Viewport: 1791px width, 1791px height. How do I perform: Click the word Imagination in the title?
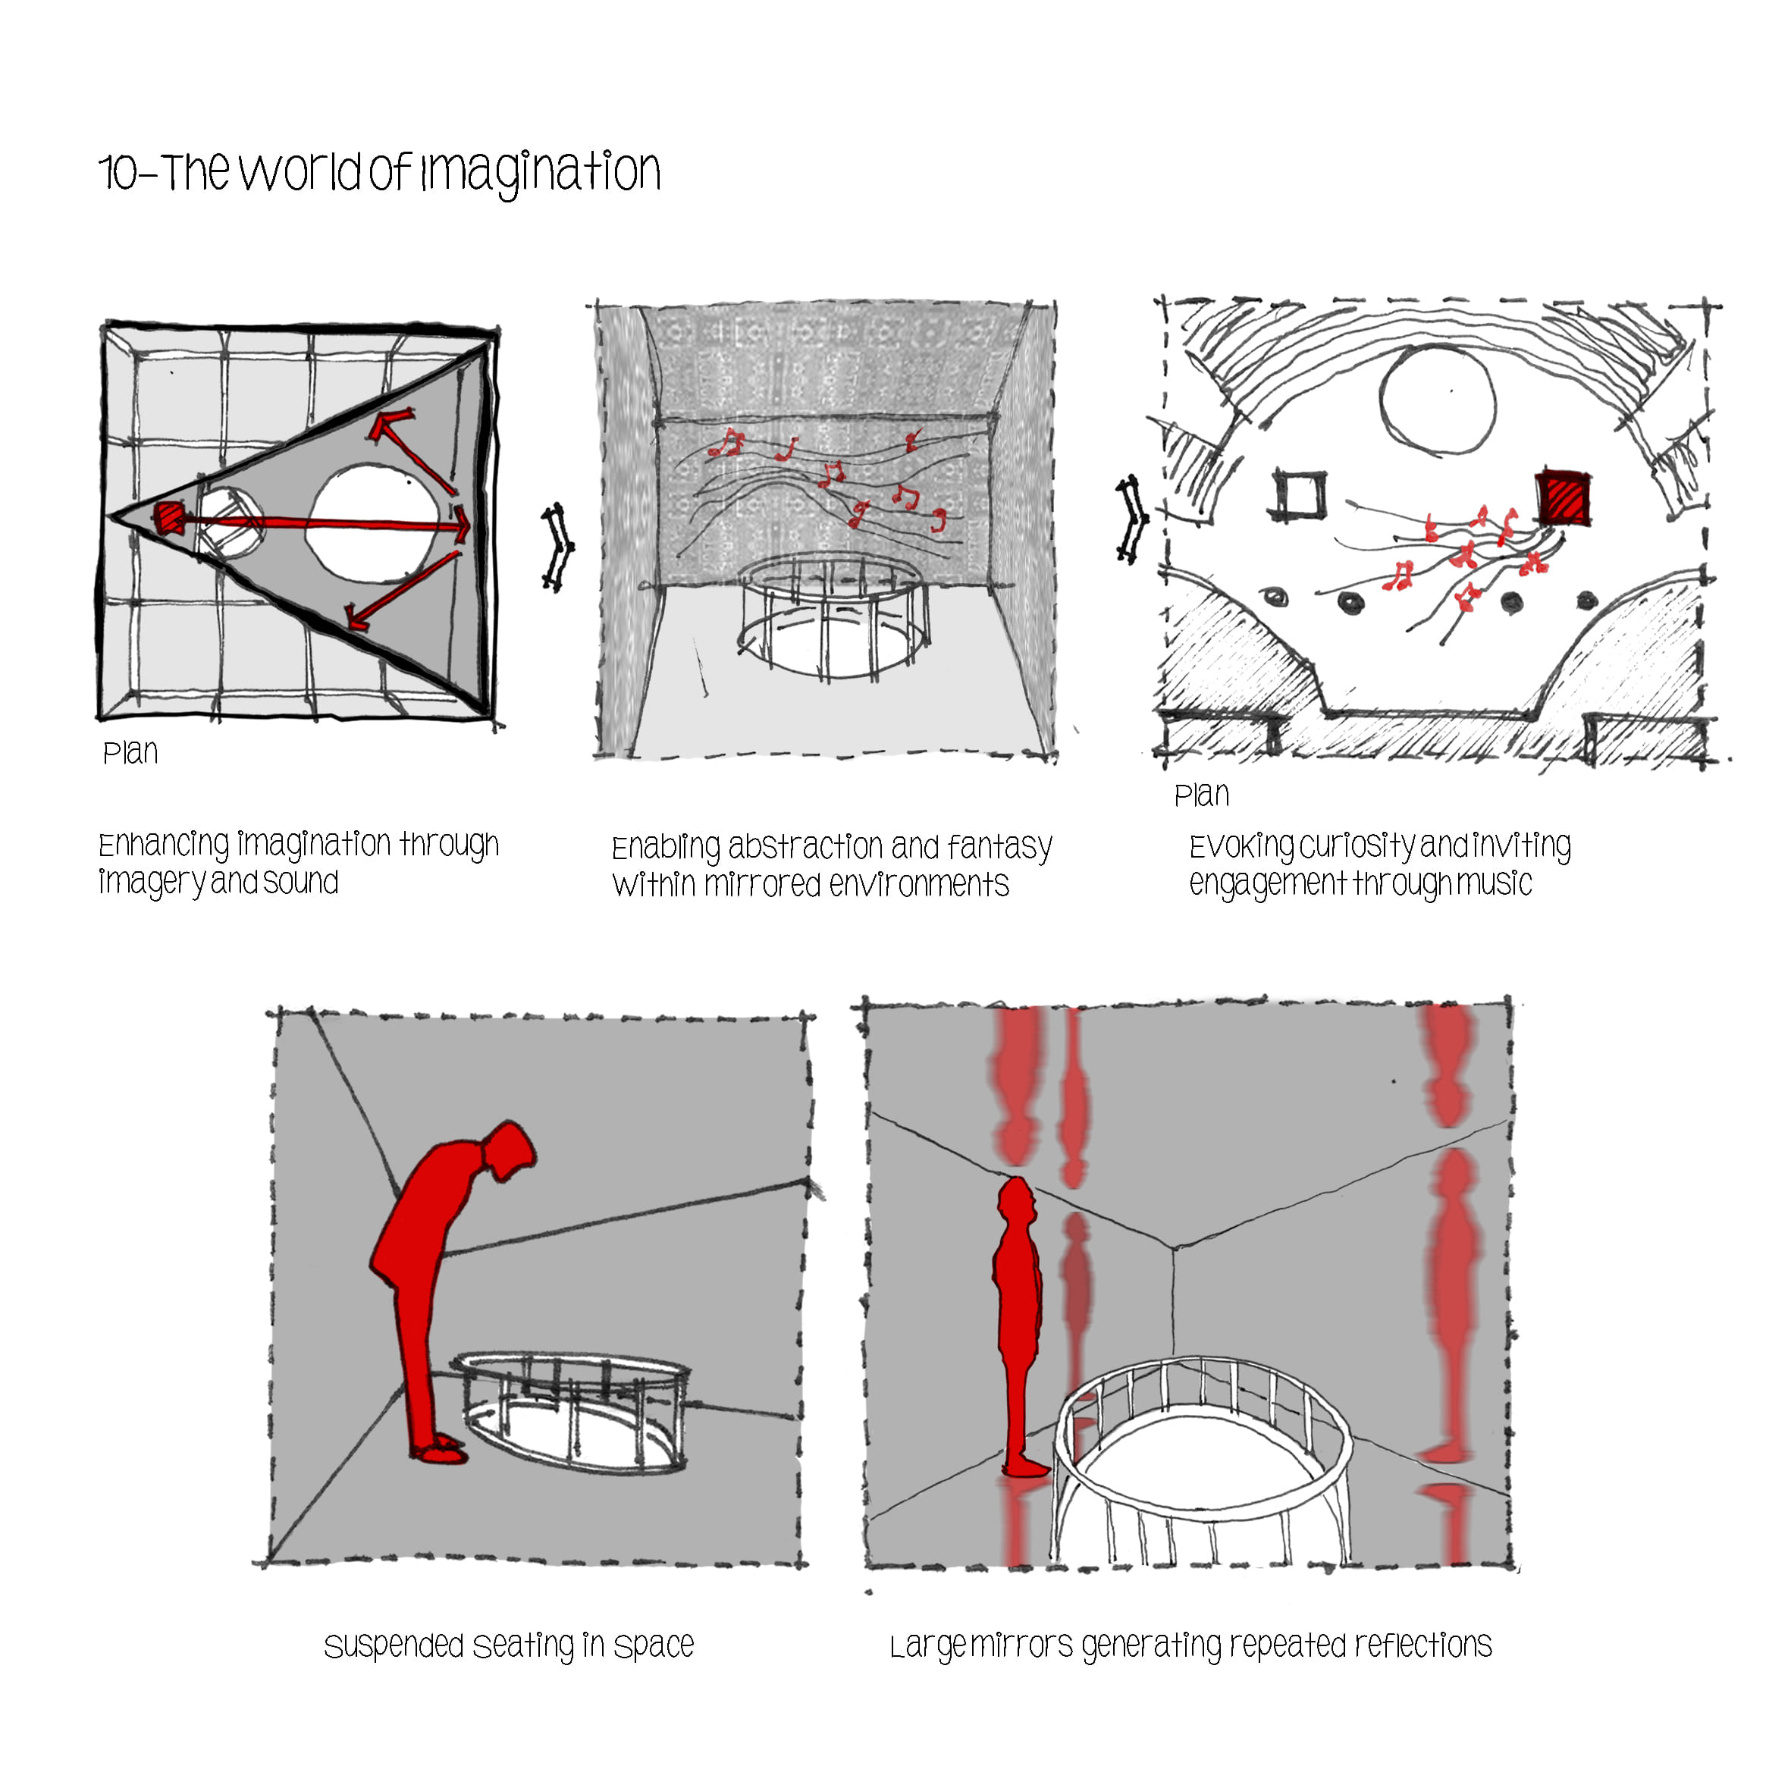pos(541,172)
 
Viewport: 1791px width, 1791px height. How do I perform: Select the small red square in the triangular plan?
pos(170,518)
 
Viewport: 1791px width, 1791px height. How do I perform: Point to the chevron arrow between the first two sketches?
pos(557,547)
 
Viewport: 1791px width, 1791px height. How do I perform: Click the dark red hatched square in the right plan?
pos(1563,499)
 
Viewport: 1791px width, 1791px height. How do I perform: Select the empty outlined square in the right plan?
pos(1300,494)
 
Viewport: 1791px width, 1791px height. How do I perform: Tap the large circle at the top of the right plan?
pos(1437,400)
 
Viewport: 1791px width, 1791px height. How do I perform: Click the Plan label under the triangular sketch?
pos(130,753)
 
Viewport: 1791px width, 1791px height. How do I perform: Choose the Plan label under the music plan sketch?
pos(1201,795)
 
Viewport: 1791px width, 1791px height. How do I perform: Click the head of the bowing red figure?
pos(509,1150)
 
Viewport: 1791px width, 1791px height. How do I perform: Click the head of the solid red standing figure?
pos(1017,1198)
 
